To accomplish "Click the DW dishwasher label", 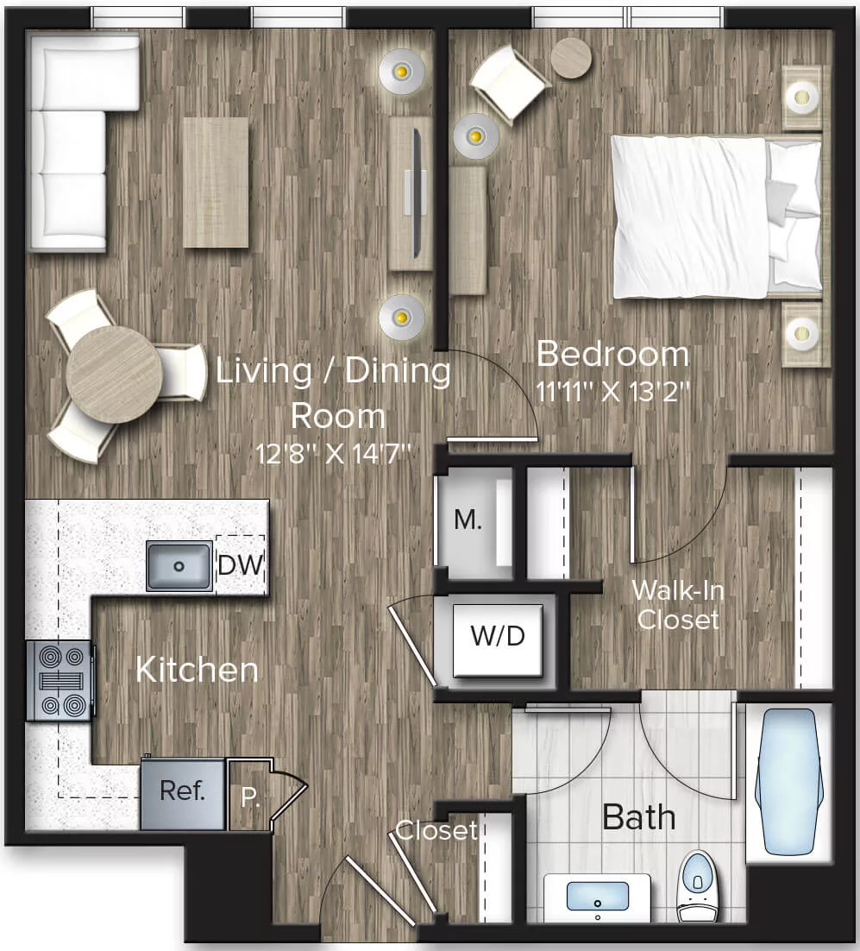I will (x=240, y=565).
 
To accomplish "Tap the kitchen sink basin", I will (x=179, y=566).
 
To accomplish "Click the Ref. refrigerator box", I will (x=182, y=791).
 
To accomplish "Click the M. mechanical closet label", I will (x=468, y=520).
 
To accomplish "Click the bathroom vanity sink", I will (x=598, y=897).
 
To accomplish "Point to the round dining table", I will (x=114, y=374).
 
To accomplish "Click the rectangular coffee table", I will (x=216, y=182).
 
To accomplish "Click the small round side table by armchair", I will (x=571, y=58).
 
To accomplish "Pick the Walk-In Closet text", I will (x=677, y=604).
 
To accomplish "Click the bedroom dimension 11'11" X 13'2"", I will (x=612, y=391).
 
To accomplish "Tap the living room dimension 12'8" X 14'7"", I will (x=333, y=452).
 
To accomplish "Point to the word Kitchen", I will (x=197, y=670).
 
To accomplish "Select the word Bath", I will (x=638, y=816).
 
